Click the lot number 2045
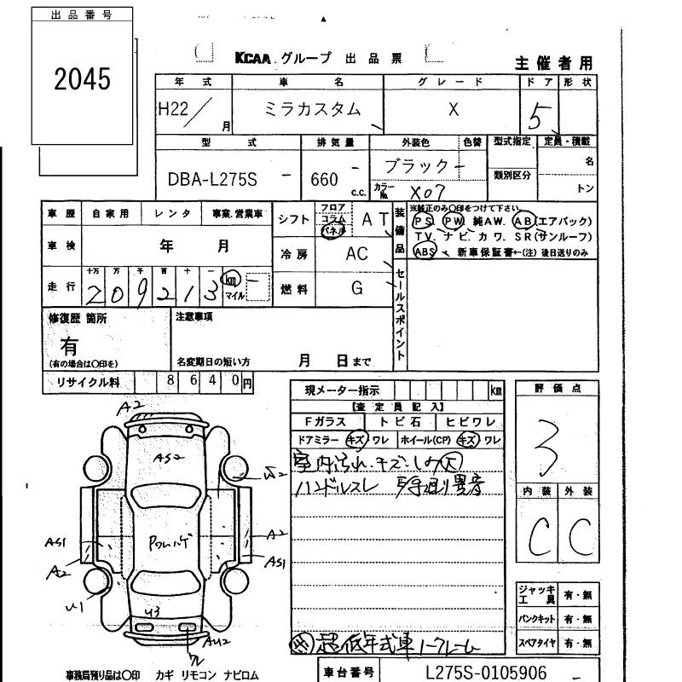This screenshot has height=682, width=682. click(x=83, y=80)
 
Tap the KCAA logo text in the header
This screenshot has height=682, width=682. click(x=253, y=58)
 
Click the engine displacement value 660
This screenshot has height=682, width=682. click(x=325, y=180)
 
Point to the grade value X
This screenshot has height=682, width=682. click(x=454, y=109)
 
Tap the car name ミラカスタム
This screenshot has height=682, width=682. click(x=308, y=109)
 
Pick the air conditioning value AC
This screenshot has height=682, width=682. click(x=357, y=254)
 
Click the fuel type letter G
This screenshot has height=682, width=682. click(x=358, y=288)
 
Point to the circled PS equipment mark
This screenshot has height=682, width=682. click(x=422, y=219)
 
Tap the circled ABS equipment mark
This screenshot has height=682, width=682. click(x=425, y=251)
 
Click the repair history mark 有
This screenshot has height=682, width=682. click(x=69, y=345)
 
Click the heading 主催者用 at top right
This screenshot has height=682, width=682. click(x=553, y=63)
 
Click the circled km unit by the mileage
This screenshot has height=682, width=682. click(x=230, y=279)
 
